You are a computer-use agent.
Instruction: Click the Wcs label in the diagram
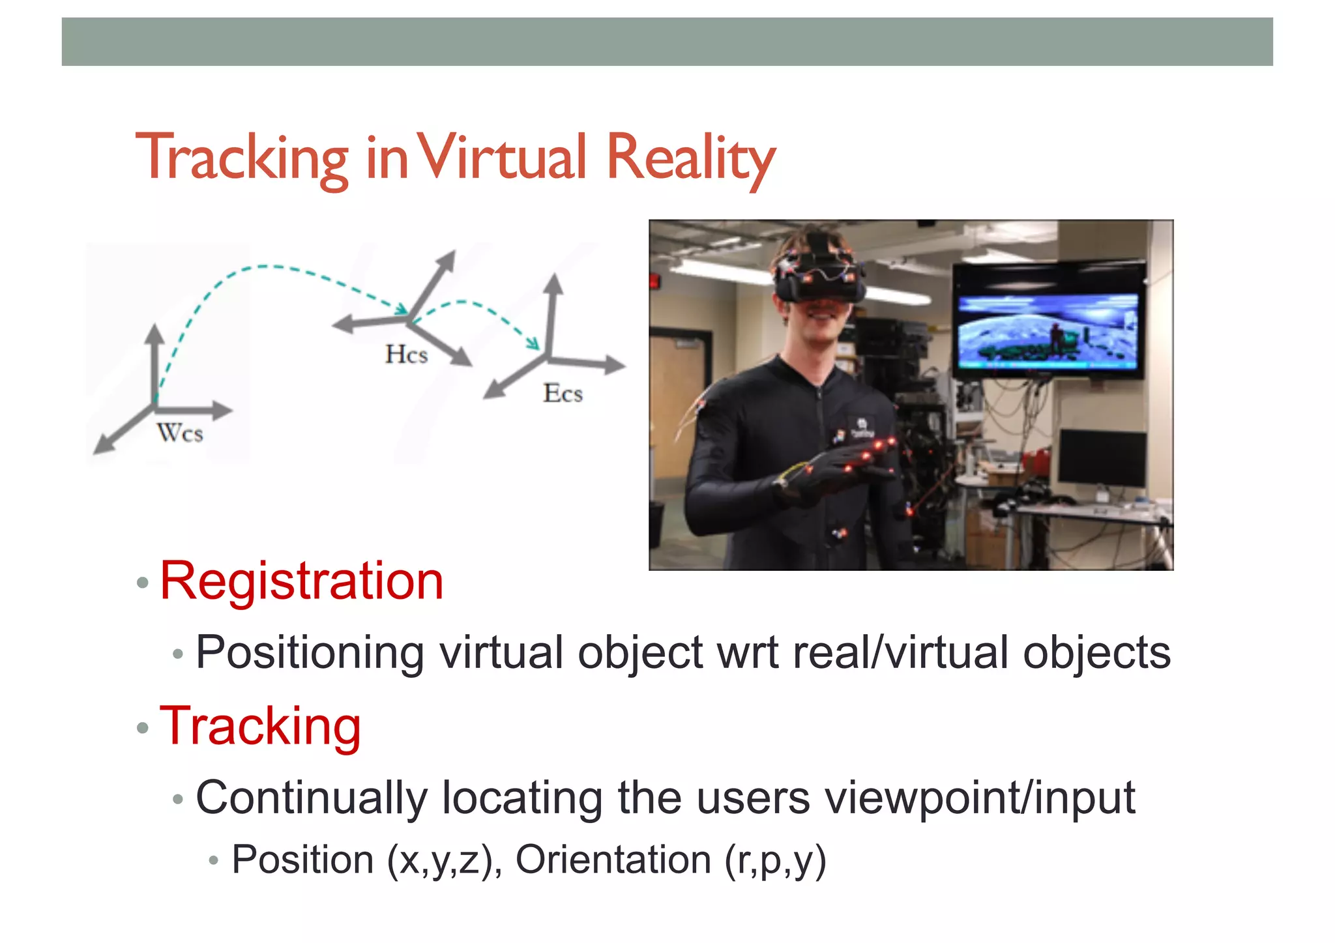pyautogui.click(x=180, y=433)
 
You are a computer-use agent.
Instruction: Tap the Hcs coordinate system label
pyautogui.click(x=406, y=355)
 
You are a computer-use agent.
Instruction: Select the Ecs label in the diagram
pyautogui.click(x=563, y=393)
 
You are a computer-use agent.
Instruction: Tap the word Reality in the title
pyautogui.click(x=691, y=158)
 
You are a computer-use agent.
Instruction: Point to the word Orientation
pyautogui.click(x=613, y=859)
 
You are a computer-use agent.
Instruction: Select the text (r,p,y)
pyautogui.click(x=775, y=860)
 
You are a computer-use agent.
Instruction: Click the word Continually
pyautogui.click(x=312, y=797)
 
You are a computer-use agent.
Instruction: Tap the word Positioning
pyautogui.click(x=310, y=652)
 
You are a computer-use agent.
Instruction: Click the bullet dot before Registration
pyautogui.click(x=143, y=582)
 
